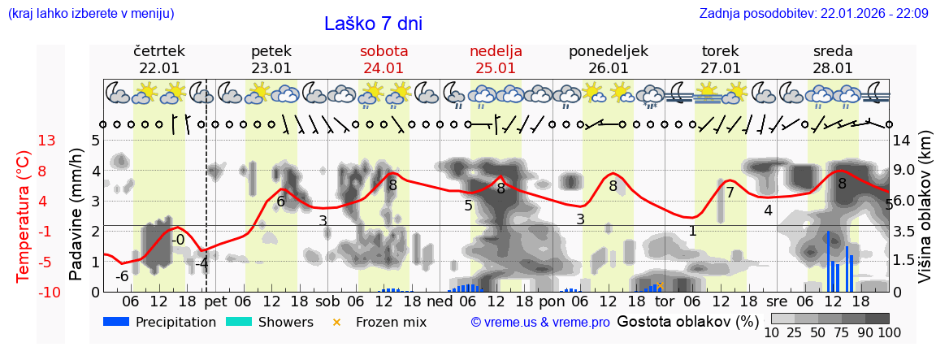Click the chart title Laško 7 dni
coord(373,24)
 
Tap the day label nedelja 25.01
coord(496,59)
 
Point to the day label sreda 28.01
coord(833,59)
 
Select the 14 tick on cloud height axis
coord(903,141)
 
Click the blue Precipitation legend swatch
coord(116,322)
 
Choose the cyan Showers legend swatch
coord(239,322)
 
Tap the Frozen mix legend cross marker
coord(337,322)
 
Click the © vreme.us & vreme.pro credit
coord(540,323)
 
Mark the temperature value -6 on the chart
coord(122,276)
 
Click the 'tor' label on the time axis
coord(665,301)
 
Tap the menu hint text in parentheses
coord(90,14)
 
